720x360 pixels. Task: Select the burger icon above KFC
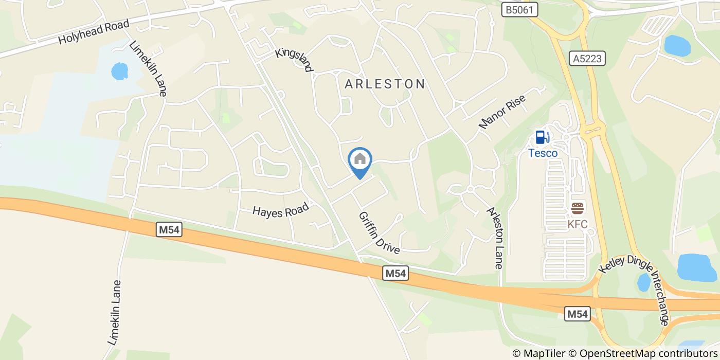pos(578,208)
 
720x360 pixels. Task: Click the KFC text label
pos(578,224)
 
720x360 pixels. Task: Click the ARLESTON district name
pos(385,84)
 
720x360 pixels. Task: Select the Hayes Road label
pos(280,210)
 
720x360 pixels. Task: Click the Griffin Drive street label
pos(380,233)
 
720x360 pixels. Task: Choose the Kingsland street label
pos(294,60)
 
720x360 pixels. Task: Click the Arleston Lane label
pos(495,238)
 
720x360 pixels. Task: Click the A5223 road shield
pos(587,59)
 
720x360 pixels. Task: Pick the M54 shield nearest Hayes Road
pos(169,230)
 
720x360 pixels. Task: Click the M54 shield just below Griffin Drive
pos(396,274)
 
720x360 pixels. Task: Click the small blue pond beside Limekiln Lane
pos(119,71)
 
